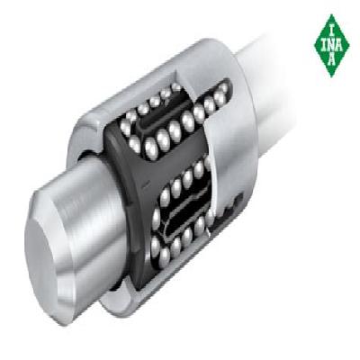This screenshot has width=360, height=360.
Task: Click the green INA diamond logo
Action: pyautogui.click(x=331, y=46)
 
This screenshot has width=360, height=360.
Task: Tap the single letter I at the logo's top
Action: pyautogui.click(x=331, y=31)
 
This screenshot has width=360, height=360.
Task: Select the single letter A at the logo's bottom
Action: pyautogui.click(x=331, y=60)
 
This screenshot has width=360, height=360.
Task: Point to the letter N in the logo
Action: pyautogui.click(x=331, y=46)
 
